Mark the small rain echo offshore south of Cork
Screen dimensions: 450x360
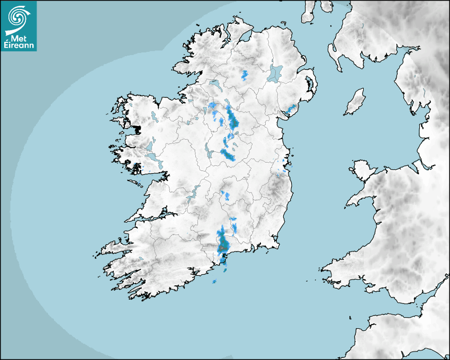tap(214, 281)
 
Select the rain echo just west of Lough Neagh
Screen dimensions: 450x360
tap(245, 75)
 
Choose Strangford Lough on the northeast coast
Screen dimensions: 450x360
tap(310, 85)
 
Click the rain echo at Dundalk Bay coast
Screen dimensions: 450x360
tap(290, 110)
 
